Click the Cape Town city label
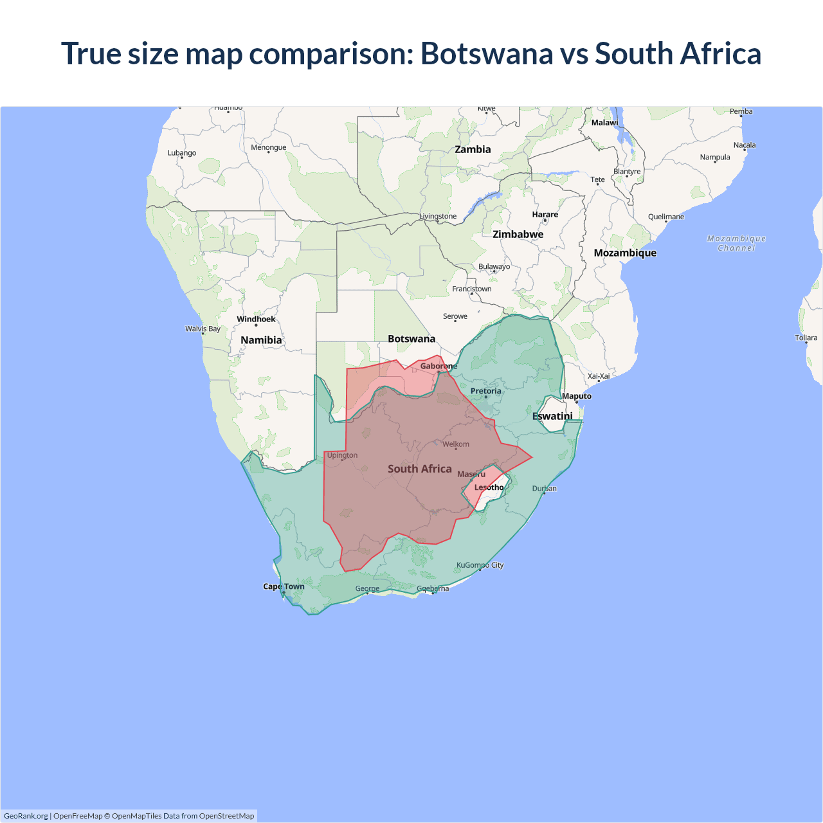coord(284,586)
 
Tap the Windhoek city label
coord(256,319)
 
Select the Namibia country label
coord(261,340)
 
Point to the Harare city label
coord(545,215)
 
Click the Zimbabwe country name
coord(518,235)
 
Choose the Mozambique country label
coord(625,253)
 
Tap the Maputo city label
coord(576,396)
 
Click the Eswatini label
coord(552,416)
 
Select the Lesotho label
coord(489,487)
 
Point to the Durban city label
coord(544,489)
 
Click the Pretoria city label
coord(485,391)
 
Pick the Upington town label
coord(342,455)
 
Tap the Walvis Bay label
coord(203,329)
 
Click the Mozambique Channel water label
coord(736,243)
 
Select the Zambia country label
coord(473,149)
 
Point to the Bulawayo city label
coord(494,266)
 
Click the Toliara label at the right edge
coord(806,338)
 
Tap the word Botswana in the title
coord(486,53)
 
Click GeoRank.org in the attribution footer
coord(26,816)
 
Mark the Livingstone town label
coord(438,216)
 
